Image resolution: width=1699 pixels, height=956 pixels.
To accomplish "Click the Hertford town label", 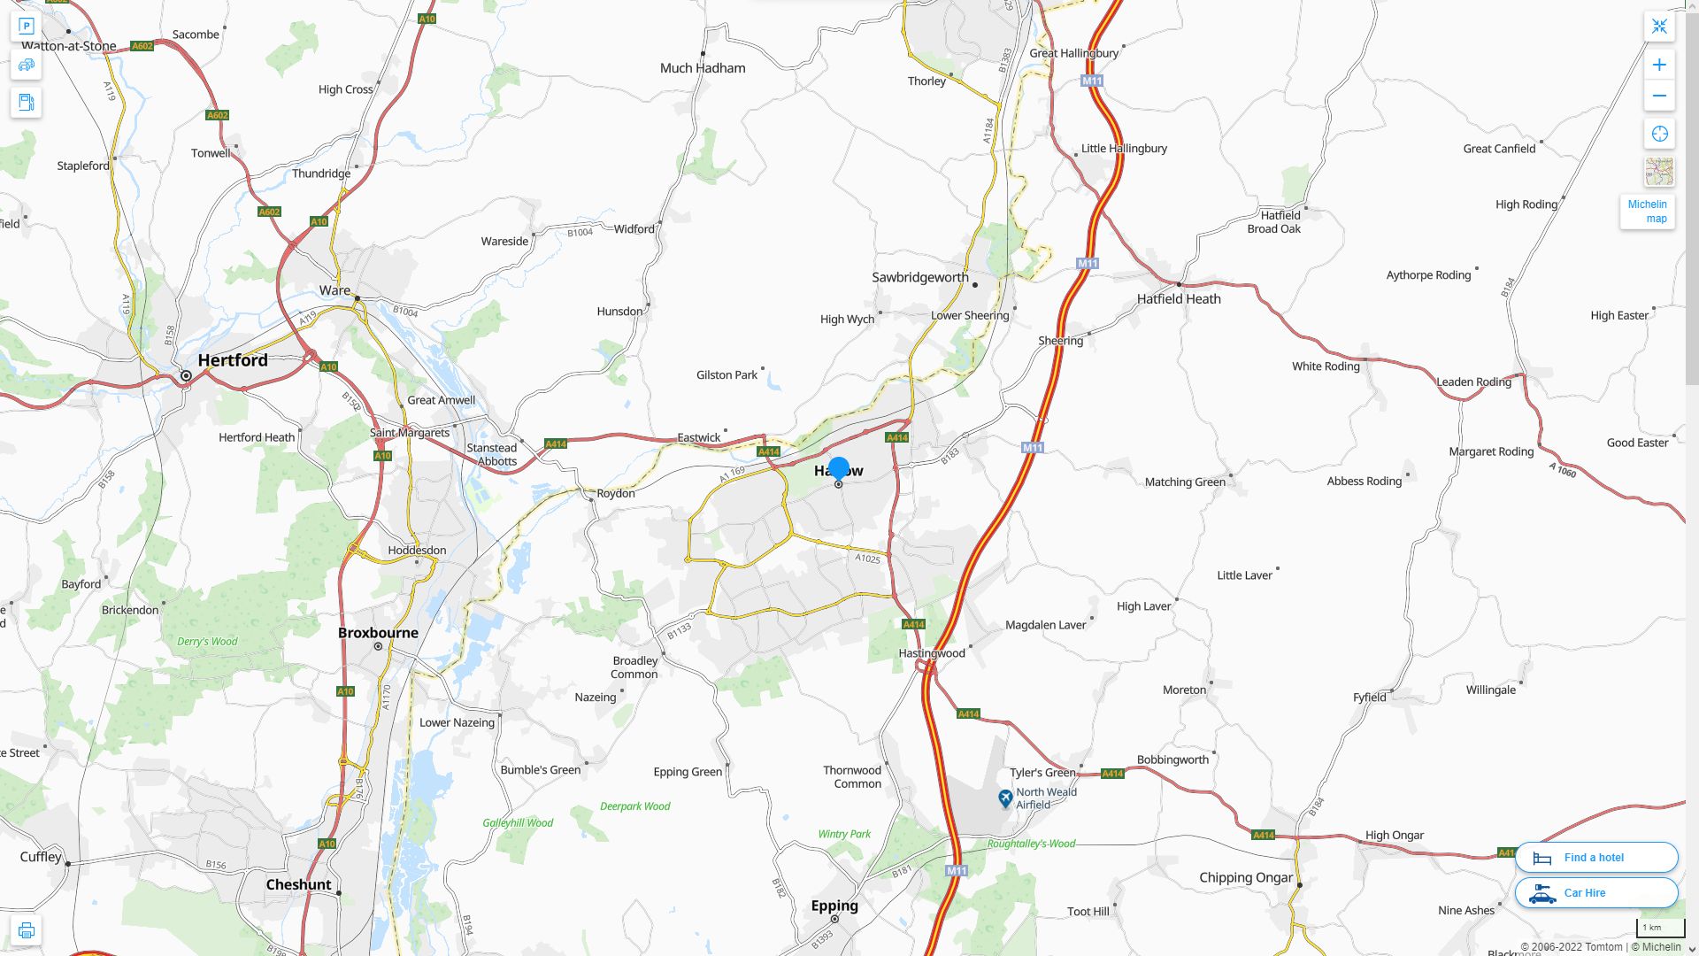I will point(233,360).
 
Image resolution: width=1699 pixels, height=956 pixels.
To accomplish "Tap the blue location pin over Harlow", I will point(839,468).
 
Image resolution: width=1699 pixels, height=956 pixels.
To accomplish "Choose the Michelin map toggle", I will point(1647,212).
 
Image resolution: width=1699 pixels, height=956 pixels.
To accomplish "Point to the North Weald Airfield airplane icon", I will point(1005,798).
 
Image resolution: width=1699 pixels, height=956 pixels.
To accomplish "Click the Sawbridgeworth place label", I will point(920,277).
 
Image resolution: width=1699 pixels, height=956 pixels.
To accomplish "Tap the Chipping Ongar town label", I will point(1246,877).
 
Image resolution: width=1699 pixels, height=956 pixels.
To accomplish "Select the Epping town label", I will point(834,906).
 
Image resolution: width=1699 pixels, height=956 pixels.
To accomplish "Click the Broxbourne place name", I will point(378,633).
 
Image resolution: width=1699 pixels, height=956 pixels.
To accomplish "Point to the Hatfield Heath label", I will point(1179,299).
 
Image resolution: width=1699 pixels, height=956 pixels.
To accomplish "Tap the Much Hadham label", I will point(703,68).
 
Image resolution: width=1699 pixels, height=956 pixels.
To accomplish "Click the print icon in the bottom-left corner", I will point(27,930).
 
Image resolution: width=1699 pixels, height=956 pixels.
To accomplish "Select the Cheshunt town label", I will point(299,884).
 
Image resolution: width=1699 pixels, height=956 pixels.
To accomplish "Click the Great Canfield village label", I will point(1499,149).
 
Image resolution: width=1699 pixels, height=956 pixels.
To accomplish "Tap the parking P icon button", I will point(27,27).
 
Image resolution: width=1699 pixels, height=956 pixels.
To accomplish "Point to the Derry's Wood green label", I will point(207,642).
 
